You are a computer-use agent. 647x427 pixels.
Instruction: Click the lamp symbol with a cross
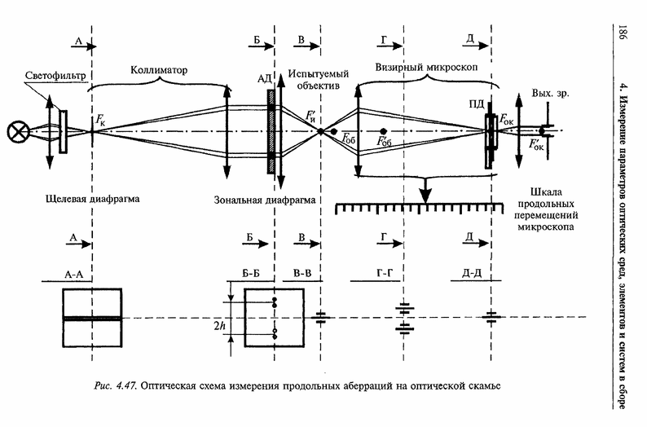click(x=16, y=131)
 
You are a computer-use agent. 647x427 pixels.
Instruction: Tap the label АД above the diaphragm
click(x=264, y=78)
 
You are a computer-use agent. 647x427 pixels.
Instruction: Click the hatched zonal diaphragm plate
click(x=270, y=130)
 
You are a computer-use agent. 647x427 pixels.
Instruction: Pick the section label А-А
click(x=73, y=275)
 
